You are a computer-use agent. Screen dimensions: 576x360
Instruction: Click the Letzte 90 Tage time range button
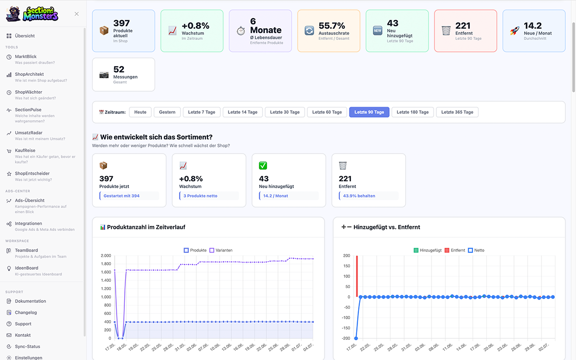pos(369,112)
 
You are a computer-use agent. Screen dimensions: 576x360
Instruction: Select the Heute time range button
pos(140,112)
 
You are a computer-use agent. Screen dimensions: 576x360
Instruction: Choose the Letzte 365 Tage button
pos(457,112)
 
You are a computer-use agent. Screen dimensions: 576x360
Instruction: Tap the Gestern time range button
pos(167,112)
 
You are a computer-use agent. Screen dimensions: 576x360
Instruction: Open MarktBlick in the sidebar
pos(26,57)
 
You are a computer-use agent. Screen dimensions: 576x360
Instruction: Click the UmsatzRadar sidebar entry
pos(28,132)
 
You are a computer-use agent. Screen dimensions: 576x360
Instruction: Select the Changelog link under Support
pos(26,312)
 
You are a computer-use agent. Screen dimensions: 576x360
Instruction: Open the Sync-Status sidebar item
pos(27,347)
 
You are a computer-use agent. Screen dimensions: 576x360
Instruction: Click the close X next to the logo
pos(77,14)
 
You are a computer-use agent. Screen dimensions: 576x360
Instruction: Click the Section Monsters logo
pos(32,14)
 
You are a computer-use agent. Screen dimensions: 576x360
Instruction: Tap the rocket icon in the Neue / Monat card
pos(515,31)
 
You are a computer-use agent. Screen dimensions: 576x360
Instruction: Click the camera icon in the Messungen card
pos(104,75)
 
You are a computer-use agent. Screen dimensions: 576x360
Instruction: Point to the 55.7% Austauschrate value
pos(332,26)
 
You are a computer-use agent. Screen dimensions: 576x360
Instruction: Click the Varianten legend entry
pos(221,250)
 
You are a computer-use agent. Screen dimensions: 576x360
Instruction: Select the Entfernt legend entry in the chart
pos(455,250)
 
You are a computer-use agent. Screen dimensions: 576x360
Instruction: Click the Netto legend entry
pos(476,250)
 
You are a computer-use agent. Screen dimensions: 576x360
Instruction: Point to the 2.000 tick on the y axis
pos(106,255)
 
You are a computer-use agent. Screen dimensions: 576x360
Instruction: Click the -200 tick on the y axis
pos(346,338)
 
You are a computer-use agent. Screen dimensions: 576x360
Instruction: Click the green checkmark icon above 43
pos(263,166)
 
